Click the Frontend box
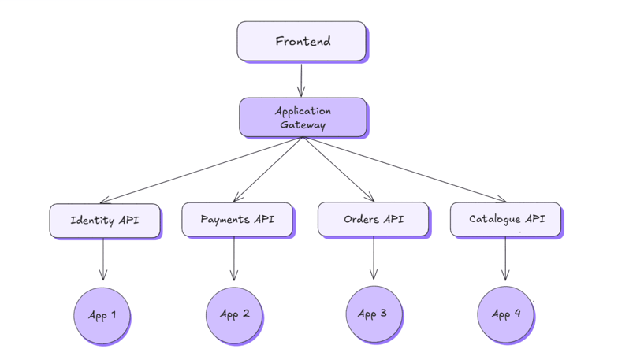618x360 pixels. tap(301, 41)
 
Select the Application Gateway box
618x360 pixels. tap(303, 117)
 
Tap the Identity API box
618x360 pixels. tap(104, 220)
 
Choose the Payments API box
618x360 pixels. tap(236, 219)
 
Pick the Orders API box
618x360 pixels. tap(373, 218)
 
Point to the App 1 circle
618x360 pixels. tap(102, 315)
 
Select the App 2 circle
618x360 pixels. tap(234, 314)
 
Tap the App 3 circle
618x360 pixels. tap(373, 314)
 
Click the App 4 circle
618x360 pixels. tap(505, 314)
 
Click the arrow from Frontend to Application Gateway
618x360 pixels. tap(301, 79)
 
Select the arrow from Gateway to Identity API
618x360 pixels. tap(201, 170)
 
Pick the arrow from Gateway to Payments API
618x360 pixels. tap(268, 169)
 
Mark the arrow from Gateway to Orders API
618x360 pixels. tap(337, 169)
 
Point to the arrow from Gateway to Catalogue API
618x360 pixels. tap(404, 169)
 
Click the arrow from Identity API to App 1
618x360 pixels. tap(103, 258)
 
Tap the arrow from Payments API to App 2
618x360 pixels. tap(234, 258)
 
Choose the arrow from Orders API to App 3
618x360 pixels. tap(374, 258)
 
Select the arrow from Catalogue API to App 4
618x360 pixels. tap(505, 258)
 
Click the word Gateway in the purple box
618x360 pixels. tap(303, 124)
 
